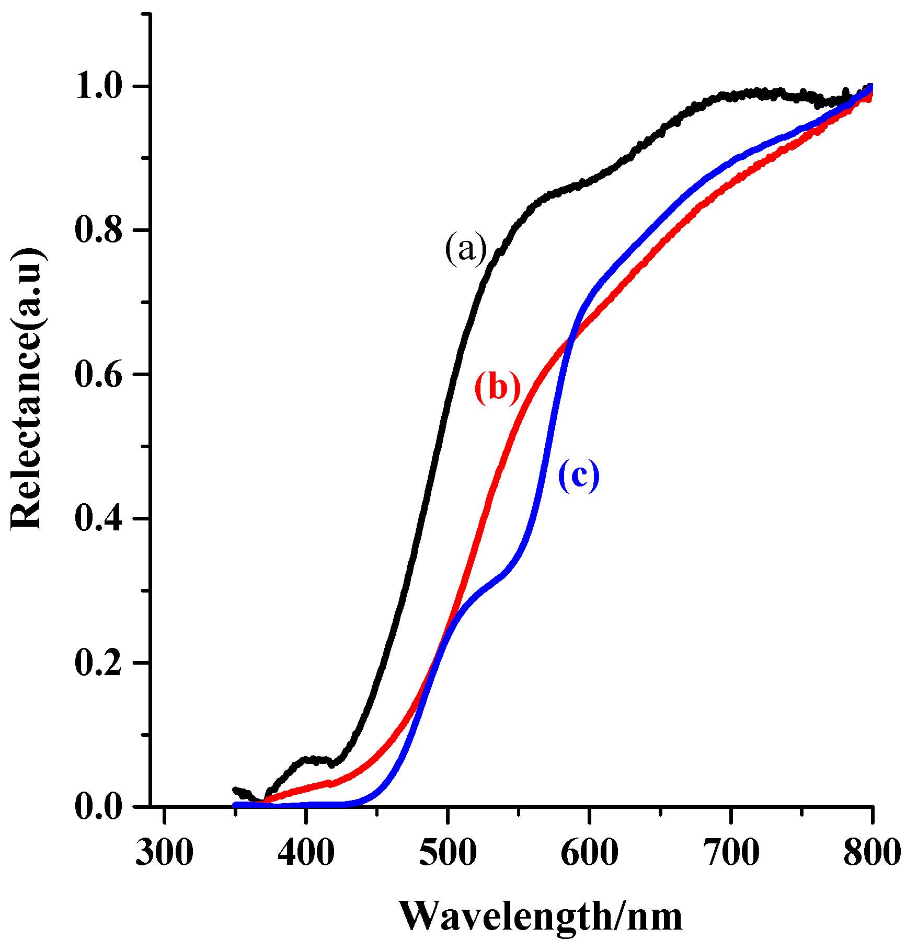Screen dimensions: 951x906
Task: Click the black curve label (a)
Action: pyautogui.click(x=465, y=250)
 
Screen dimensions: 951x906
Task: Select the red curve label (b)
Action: pyautogui.click(x=497, y=388)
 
